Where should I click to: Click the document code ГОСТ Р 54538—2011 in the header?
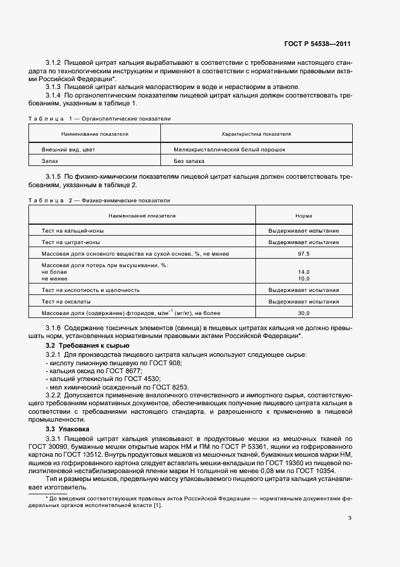[x=317, y=44]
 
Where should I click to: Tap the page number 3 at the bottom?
[x=350, y=517]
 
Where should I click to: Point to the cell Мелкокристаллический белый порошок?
[x=229, y=148]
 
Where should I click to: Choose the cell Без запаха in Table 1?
[x=189, y=161]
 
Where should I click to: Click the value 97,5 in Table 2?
[x=303, y=253]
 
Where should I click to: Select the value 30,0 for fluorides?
[x=303, y=313]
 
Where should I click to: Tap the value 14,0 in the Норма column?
[x=303, y=272]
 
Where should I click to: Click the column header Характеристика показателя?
[x=256, y=133]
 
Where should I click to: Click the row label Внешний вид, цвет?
[x=68, y=148]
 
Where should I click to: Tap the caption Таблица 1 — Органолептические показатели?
[x=100, y=119]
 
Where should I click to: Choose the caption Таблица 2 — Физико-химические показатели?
[x=99, y=200]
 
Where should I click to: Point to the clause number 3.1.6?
[x=54, y=328]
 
